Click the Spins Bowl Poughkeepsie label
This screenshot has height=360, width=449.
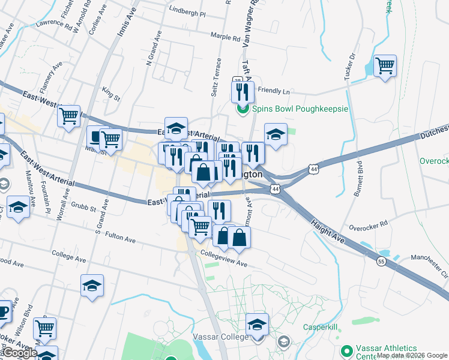pyautogui.click(x=300, y=109)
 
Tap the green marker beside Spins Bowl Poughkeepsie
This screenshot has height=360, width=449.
pyautogui.click(x=243, y=109)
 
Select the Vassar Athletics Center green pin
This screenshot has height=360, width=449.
pyautogui.click(x=346, y=350)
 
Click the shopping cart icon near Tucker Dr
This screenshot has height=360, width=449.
pyautogui.click(x=385, y=65)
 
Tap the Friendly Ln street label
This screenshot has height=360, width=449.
pyautogui.click(x=274, y=92)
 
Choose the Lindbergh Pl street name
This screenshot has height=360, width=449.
pyautogui.click(x=187, y=13)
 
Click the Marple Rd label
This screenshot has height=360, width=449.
pyautogui.click(x=226, y=37)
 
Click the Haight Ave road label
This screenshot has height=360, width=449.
pyautogui.click(x=327, y=230)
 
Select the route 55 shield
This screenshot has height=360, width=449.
pyautogui.click(x=381, y=261)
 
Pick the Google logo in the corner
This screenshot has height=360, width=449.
pyautogui.click(x=20, y=353)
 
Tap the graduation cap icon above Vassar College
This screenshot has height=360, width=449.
pyautogui.click(x=257, y=325)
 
